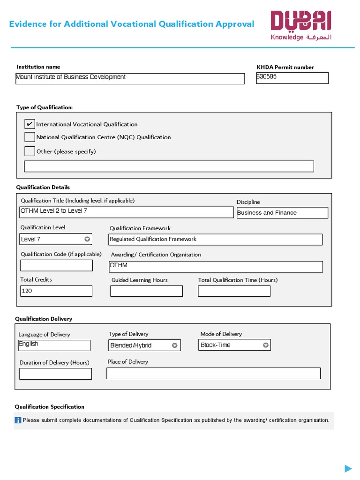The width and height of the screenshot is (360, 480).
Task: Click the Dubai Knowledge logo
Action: point(300,26)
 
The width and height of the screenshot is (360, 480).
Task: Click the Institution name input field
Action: point(130,78)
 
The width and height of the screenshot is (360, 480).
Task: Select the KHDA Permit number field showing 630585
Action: point(292,78)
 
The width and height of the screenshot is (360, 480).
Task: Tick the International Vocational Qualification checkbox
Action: point(30,124)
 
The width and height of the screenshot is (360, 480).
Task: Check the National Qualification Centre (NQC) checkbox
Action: point(30,137)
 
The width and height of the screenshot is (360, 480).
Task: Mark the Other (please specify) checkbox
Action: point(30,151)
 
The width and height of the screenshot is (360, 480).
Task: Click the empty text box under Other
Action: point(169,166)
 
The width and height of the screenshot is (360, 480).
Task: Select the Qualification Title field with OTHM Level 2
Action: point(126,212)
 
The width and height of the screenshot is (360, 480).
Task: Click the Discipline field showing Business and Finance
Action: point(282,213)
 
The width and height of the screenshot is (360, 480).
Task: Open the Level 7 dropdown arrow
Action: point(87,239)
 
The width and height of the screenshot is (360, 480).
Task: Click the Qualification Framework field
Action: point(215,240)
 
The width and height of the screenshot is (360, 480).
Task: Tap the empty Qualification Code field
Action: point(56,265)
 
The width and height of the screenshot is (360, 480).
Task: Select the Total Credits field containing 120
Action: point(56,291)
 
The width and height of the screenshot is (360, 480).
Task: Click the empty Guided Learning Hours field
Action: point(146,291)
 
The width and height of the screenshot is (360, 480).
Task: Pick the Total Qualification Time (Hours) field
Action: point(234,291)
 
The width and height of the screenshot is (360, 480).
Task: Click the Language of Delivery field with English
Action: point(54,345)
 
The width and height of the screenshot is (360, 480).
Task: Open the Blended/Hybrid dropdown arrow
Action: point(174,345)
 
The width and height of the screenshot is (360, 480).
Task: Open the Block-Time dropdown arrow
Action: point(265,345)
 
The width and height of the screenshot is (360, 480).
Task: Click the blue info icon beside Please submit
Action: point(18,420)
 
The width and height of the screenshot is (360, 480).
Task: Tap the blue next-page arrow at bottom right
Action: point(348,468)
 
